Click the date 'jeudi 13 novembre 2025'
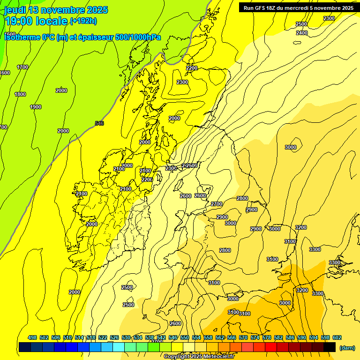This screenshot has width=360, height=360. tap(56, 10)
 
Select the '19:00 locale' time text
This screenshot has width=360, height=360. tap(36, 21)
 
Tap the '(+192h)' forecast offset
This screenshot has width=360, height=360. tap(83, 21)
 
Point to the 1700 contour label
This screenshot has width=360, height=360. tap(22, 67)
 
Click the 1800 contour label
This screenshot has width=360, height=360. tap(20, 94)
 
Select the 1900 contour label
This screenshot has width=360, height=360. tap(36, 107)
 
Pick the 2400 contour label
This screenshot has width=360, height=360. tap(302, 33)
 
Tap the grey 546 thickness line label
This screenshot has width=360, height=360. tap(99, 123)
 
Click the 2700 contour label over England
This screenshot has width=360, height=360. tap(217, 204)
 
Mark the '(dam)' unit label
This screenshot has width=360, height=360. tap(347, 347)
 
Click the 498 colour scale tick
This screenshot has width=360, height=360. tap(32, 337)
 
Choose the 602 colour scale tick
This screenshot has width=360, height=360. tap(337, 337)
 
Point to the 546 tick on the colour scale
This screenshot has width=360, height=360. tap(173, 337)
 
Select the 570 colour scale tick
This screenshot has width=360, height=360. tap(243, 337)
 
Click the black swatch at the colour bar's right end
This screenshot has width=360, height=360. tap(330, 347)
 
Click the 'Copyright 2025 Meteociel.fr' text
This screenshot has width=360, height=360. tap(199, 356)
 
